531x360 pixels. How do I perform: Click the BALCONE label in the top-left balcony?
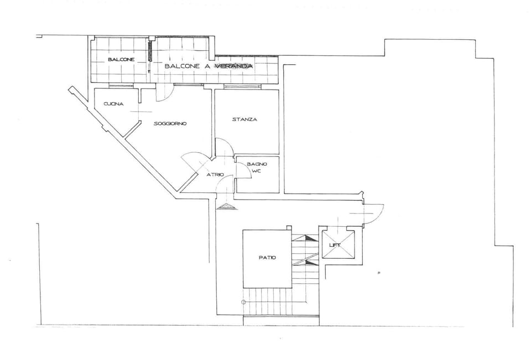[121, 59]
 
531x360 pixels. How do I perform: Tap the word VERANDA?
[233, 66]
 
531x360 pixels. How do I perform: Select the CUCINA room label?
[113, 104]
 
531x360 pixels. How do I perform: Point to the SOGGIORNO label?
[170, 123]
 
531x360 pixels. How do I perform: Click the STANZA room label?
[244, 119]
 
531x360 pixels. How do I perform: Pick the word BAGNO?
[257, 164]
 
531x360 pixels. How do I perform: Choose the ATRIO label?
[215, 175]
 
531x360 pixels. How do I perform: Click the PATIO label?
[267, 258]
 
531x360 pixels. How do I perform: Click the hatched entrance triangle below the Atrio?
[226, 207]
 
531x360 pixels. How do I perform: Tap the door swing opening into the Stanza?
[224, 147]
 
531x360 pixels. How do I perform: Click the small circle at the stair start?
[243, 301]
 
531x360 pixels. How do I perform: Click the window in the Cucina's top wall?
[121, 86]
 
